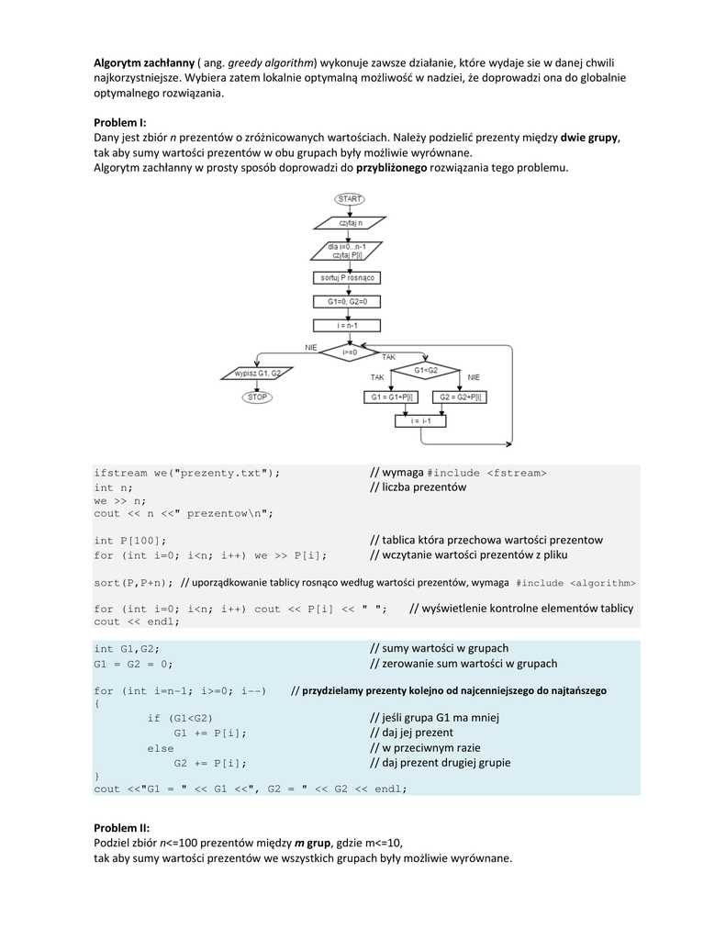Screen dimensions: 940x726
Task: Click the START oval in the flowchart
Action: coord(349,198)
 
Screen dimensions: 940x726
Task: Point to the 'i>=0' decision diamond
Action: coord(350,352)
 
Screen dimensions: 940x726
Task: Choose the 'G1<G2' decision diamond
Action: coord(428,369)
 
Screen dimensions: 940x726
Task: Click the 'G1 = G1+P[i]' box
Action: coord(389,397)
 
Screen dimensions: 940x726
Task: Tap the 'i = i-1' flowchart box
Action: coord(421,420)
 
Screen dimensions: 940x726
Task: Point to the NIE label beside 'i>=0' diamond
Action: coord(311,347)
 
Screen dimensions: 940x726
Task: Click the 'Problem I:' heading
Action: coord(120,122)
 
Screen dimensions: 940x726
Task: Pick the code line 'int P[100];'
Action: coord(130,541)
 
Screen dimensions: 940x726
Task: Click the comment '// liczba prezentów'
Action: coord(418,487)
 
